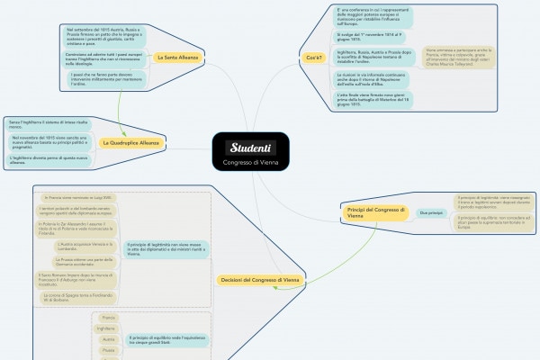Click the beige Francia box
tap(109, 318)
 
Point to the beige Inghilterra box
tap(106, 329)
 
